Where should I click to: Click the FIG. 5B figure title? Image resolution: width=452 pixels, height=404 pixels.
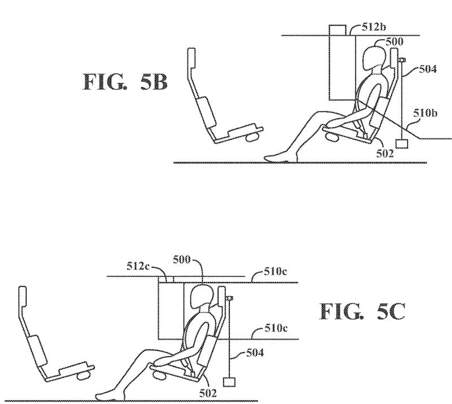125,81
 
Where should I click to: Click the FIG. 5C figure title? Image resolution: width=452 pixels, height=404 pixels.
362,311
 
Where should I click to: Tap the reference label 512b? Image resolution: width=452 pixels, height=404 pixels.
374,27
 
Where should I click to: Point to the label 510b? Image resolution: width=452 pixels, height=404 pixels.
425,113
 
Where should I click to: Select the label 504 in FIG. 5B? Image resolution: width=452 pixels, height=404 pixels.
428,69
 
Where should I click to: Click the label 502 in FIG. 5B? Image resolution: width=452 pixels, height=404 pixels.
385,154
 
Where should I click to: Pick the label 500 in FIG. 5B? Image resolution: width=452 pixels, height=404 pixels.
394,42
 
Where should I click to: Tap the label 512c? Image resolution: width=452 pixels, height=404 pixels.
138,266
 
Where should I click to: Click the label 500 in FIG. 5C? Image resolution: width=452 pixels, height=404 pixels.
181,260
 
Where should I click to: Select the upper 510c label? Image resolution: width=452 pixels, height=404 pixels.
276,271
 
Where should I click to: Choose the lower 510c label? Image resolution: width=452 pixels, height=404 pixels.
276,328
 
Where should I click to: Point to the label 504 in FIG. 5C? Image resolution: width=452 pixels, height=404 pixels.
255,353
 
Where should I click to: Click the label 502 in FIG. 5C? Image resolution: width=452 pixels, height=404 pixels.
208,393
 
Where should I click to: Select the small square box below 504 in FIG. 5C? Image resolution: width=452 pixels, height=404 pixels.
229,382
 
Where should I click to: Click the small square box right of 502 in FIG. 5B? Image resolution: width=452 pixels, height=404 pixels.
402,144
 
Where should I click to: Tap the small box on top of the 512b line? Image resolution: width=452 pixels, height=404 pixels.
337,31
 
